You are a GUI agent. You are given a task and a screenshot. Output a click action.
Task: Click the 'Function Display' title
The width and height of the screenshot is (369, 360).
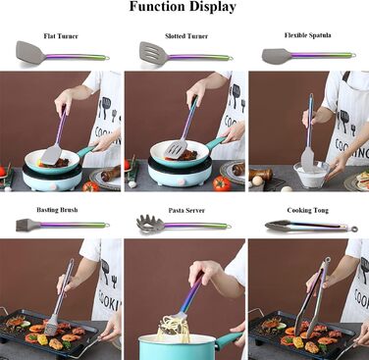pyautogui.click(x=183, y=7)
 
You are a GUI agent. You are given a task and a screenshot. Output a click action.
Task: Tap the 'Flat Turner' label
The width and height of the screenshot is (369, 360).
pyautogui.click(x=61, y=36)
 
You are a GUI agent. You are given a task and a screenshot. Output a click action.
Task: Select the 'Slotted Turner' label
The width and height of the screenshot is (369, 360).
pyautogui.click(x=186, y=36)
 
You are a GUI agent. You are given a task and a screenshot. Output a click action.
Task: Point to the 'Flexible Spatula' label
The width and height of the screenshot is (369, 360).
pyautogui.click(x=307, y=35)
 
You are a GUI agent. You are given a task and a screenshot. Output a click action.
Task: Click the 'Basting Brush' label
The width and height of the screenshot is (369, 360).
pyautogui.click(x=57, y=210)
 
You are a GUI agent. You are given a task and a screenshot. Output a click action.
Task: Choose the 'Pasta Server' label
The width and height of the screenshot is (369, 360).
pyautogui.click(x=186, y=210)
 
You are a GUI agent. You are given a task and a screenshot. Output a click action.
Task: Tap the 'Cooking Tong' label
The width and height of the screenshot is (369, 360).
pyautogui.click(x=308, y=210)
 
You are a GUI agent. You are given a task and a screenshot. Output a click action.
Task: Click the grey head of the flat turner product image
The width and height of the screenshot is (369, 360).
pyautogui.click(x=30, y=52)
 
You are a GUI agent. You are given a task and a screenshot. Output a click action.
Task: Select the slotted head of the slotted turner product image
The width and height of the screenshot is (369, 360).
pyautogui.click(x=153, y=53)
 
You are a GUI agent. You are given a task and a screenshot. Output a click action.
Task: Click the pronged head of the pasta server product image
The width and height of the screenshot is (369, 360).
pyautogui.click(x=149, y=224)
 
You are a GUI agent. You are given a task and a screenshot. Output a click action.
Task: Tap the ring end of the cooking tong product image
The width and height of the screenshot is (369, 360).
pyautogui.click(x=354, y=230)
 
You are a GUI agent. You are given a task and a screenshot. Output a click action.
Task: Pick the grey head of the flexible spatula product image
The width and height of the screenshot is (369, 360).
pyautogui.click(x=276, y=56)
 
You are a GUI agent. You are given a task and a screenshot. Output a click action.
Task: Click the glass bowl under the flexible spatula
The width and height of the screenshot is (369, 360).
pyautogui.click(x=311, y=175)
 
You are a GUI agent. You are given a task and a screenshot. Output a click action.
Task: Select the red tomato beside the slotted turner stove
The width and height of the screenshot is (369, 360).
pyautogui.click(x=222, y=183)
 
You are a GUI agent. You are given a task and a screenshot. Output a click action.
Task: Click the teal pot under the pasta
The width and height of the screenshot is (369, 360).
pyautogui.click(x=184, y=346)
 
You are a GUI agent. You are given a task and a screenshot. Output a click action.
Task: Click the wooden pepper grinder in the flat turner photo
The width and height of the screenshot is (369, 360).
pyautogui.click(x=111, y=174)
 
